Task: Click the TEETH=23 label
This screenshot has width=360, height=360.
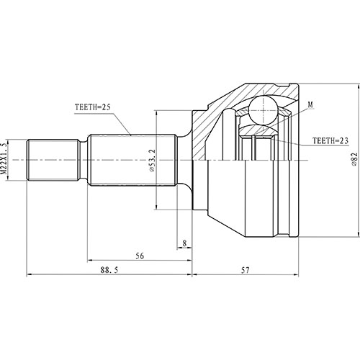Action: (x=332, y=141)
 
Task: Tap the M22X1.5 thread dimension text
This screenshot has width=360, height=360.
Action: (x=9, y=159)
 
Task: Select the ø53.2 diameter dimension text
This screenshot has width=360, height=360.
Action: (x=151, y=160)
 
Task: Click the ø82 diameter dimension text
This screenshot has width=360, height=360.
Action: (x=354, y=160)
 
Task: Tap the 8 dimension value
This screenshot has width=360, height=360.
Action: (x=184, y=244)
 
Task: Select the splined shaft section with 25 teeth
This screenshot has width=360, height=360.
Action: (x=130, y=160)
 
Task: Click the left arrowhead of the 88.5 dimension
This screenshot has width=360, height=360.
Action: (x=29, y=274)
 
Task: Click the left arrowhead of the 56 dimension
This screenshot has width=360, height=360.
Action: (x=90, y=261)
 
